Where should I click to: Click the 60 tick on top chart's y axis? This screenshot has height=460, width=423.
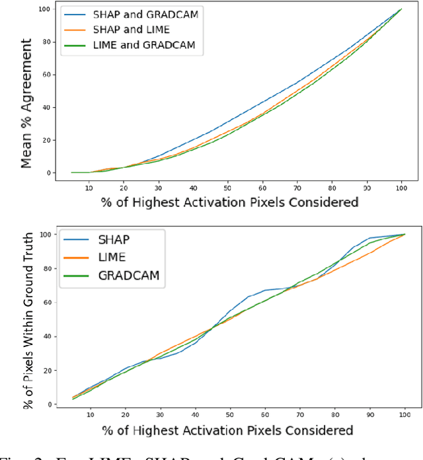pos(48,74)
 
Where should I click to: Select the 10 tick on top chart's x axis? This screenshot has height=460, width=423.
pos(89,186)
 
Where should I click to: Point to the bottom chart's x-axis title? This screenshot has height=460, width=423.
pos(228,430)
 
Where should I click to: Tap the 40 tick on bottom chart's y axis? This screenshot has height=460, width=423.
pos(49,336)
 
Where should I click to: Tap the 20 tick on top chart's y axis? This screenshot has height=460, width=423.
pos(48,139)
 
